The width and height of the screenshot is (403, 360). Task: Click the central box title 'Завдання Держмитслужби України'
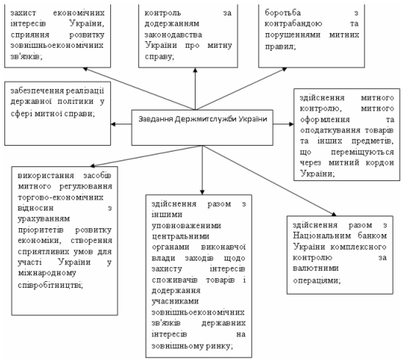(203, 119)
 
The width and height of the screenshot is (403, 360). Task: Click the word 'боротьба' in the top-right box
(282, 13)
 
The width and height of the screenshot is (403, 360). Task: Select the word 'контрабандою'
(293, 24)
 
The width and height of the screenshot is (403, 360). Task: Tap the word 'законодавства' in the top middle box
(174, 35)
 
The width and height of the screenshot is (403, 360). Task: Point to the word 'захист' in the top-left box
(24, 13)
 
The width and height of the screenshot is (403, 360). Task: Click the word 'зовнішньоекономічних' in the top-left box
(57, 46)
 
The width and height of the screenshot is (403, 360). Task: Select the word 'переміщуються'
(363, 152)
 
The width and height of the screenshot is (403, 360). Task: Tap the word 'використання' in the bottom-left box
(46, 176)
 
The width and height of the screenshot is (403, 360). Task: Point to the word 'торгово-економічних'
(60, 197)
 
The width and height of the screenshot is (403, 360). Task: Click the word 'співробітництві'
(50, 285)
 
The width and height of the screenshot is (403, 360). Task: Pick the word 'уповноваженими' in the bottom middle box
(186, 226)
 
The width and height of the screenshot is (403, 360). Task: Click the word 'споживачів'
(174, 280)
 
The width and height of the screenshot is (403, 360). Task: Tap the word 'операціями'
(317, 280)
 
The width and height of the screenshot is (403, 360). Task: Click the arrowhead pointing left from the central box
(113, 124)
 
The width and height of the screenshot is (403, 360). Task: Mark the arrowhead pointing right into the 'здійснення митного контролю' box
(291, 124)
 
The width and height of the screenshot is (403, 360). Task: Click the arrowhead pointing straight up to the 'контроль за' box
(196, 70)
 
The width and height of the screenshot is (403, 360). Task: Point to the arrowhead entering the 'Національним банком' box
(334, 214)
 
